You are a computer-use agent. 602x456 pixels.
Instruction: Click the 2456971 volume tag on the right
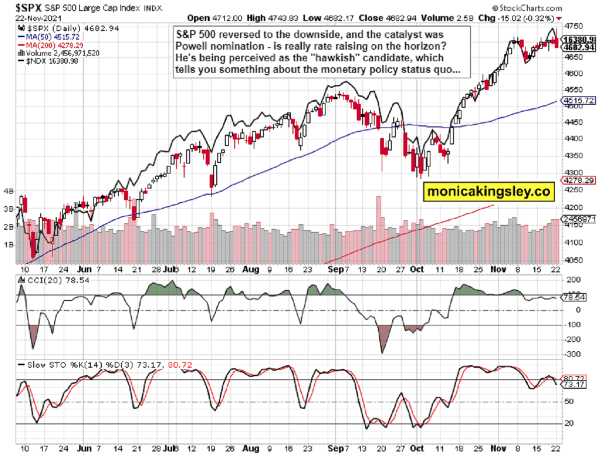580,219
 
